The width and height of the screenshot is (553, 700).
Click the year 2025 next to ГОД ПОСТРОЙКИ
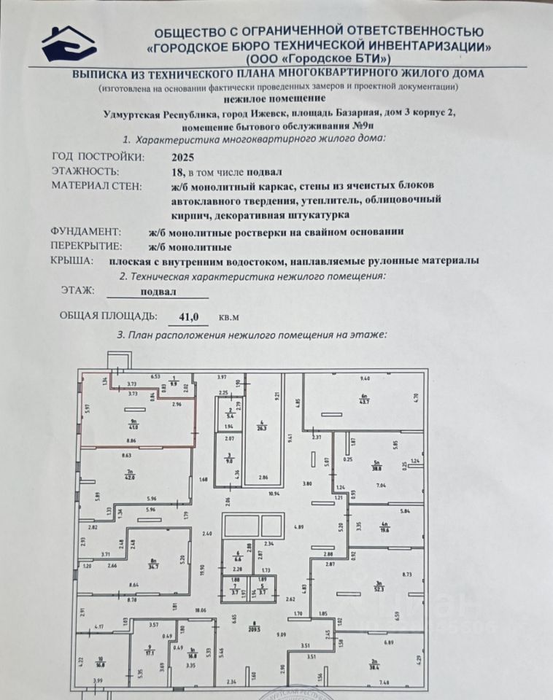coord(183,157)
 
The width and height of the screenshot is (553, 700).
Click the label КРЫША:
coord(71,260)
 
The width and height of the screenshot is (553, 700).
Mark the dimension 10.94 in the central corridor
coord(274,494)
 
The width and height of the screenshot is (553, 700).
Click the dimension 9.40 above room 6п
coord(366,378)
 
